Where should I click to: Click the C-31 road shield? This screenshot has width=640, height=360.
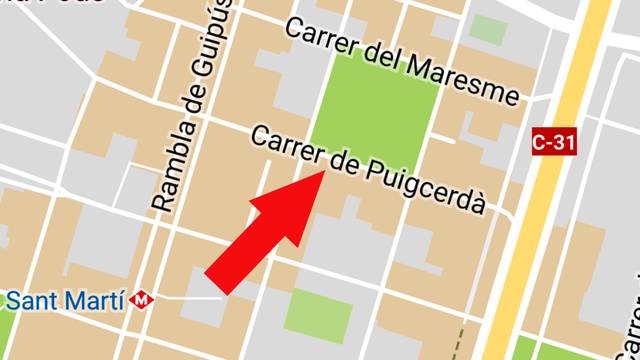[x=553, y=143]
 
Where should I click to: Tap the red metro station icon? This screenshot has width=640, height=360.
[x=144, y=299]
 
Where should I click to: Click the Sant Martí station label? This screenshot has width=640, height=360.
[x=66, y=299]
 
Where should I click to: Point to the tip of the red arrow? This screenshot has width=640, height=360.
[x=322, y=174]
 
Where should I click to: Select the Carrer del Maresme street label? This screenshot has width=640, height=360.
[x=402, y=63]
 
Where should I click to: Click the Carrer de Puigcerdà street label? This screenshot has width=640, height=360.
[x=368, y=170]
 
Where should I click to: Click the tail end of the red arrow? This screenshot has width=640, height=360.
[x=222, y=282]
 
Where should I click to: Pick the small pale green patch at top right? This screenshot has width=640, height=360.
[x=488, y=29]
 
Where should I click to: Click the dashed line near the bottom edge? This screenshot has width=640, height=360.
[x=461, y=340]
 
